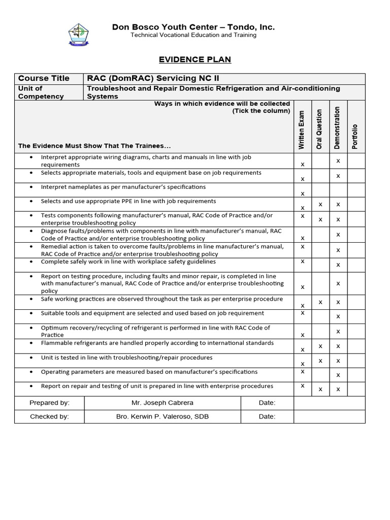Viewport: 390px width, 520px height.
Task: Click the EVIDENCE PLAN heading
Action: point(195,59)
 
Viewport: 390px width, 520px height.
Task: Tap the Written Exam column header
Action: point(302,130)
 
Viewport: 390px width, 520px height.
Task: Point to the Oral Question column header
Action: point(319,129)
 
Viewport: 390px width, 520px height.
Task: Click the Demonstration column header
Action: point(337,127)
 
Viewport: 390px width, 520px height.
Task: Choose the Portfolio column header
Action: point(355,136)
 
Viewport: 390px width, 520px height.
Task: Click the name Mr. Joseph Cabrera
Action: point(162,403)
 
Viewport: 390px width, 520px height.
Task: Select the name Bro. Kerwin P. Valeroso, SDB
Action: point(162,416)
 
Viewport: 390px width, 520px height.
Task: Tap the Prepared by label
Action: point(49,403)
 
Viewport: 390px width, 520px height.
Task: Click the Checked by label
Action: point(49,416)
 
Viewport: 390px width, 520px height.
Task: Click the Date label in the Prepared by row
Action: point(267,403)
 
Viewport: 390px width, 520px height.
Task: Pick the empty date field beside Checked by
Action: point(329,416)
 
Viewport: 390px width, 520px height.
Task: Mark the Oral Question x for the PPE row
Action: point(320,204)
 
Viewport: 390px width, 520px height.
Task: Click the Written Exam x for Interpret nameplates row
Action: point(303,193)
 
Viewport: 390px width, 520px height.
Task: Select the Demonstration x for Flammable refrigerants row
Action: point(338,346)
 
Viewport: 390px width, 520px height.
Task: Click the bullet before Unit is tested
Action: point(31,358)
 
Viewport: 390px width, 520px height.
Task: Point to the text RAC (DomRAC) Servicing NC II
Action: point(147,78)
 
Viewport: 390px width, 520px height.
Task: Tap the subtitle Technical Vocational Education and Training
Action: point(193,35)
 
